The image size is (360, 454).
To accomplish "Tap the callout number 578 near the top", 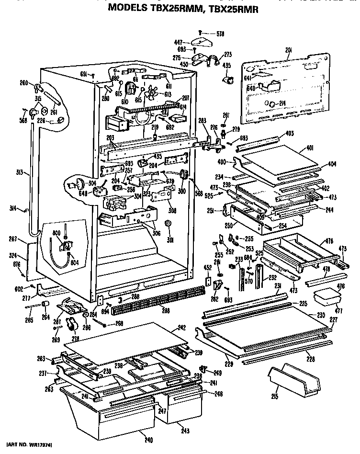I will (x=220, y=34).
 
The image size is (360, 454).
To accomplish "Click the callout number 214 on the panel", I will (x=282, y=103).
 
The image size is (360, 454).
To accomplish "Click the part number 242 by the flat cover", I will (x=181, y=328).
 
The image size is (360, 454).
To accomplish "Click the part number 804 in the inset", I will (x=74, y=262).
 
